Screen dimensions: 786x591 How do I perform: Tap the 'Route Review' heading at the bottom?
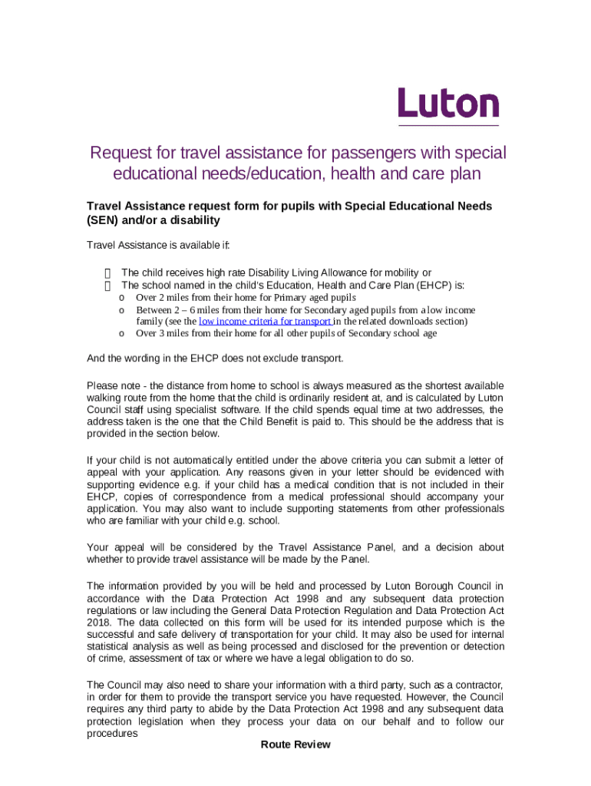(295, 745)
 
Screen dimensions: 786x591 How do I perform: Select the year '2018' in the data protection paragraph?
(99, 622)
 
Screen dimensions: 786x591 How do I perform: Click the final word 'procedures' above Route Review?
(112, 733)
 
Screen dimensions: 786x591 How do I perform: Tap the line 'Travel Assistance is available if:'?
(158, 246)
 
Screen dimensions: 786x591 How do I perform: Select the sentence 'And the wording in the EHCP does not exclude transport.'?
(215, 358)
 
